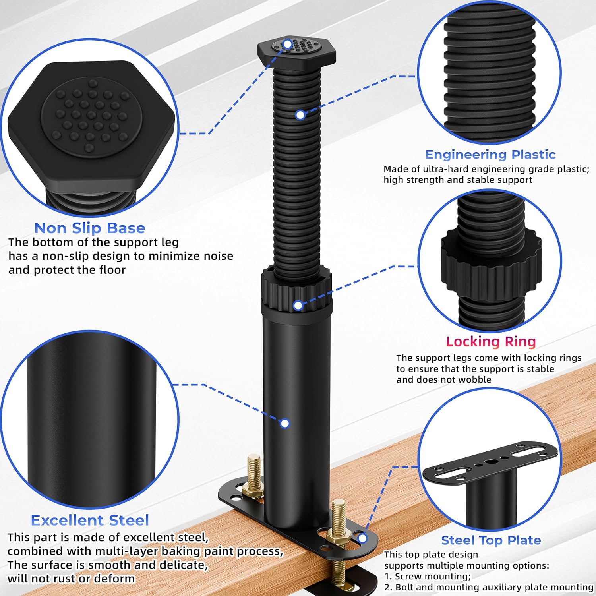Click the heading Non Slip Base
90,228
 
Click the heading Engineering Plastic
490,155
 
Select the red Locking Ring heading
491,341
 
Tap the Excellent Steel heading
90,520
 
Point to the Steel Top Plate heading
491,540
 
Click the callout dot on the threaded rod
300,115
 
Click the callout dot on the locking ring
298,305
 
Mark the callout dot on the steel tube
284,424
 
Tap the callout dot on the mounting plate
362,539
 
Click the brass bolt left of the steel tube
254,475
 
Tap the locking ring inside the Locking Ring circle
491,262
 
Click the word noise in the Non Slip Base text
218,256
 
